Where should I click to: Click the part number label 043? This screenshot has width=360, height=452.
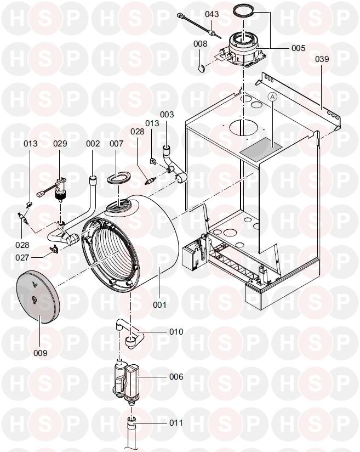point(212,14)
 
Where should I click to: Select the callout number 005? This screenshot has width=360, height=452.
point(298,48)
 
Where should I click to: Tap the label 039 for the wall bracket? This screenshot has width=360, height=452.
point(322,59)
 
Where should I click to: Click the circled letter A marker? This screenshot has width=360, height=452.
point(272,98)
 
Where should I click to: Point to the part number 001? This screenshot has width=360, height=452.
point(159,304)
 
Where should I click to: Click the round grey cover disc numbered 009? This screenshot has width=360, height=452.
point(38,297)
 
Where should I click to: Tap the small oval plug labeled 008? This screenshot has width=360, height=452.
point(201,68)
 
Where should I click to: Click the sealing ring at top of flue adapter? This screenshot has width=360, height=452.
point(244,11)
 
